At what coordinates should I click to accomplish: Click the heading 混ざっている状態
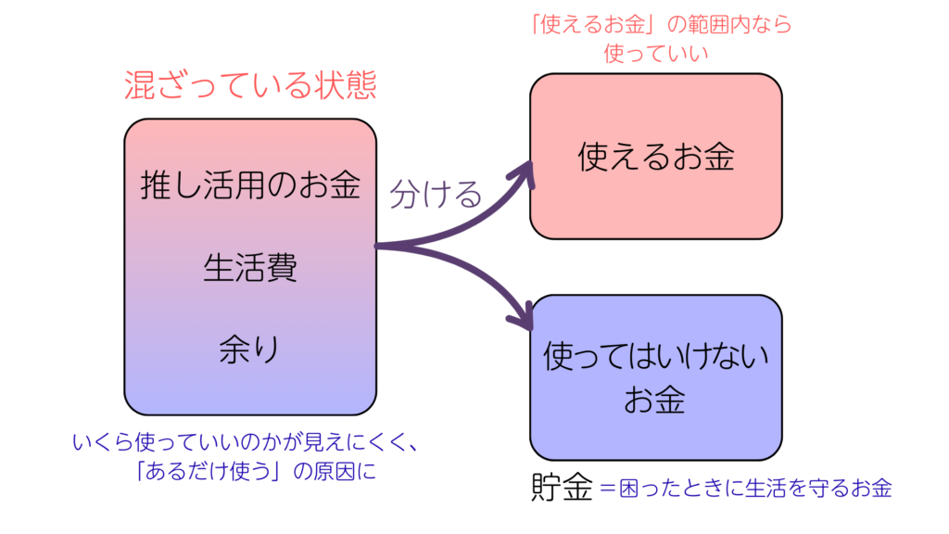coord(250,86)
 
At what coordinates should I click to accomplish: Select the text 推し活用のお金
coord(250,185)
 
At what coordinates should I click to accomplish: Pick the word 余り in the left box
coord(250,350)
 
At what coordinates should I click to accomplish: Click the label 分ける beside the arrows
coord(436,194)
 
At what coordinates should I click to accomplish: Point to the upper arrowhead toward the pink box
coord(527,171)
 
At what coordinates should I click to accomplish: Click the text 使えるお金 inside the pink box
coord(655,156)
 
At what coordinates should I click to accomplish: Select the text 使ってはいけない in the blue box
coord(655,355)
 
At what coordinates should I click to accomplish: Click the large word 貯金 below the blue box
coord(563,488)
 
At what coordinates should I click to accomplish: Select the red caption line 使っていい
coord(655,53)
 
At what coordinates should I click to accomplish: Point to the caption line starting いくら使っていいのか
coord(244,442)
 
